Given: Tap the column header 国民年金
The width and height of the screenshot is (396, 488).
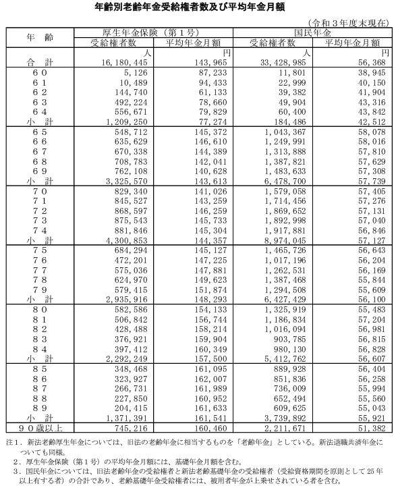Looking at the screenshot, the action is [x=313, y=32].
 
